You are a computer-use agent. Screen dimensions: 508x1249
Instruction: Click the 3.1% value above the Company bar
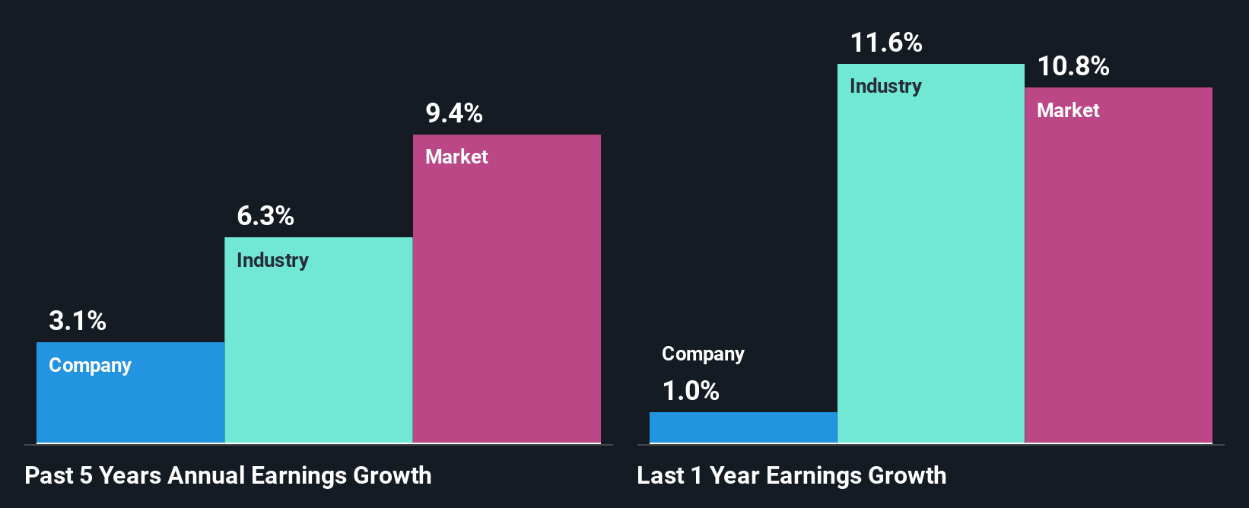coord(78,321)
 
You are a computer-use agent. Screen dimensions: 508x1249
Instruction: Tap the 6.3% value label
coord(265,216)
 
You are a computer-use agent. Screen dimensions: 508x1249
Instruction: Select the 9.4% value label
coord(454,113)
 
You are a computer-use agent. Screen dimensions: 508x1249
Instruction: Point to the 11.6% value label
coord(886,43)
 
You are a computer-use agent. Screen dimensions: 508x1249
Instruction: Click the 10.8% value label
coord(1073,67)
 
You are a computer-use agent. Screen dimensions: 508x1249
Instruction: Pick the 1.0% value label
coord(691,391)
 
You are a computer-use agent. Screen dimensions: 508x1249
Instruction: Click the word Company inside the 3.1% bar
coord(90,366)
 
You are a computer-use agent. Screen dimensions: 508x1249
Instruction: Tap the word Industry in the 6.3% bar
coord(272,261)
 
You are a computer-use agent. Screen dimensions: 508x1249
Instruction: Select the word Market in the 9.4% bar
coord(456,157)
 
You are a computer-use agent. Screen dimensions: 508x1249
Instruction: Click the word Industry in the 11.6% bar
coord(885,87)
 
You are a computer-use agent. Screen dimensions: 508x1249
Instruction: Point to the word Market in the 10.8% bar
coord(1068,111)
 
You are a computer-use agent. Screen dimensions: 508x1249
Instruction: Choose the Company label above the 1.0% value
coord(703,354)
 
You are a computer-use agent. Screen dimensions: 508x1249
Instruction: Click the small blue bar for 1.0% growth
coord(743,427)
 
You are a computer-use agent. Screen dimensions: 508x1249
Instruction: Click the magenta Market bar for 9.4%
coord(507,304)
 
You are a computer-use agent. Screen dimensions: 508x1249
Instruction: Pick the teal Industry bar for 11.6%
coord(931,266)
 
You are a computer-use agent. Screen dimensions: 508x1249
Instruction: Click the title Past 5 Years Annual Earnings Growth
coord(228,476)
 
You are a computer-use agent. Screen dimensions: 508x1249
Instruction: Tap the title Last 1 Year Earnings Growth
coord(792,476)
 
